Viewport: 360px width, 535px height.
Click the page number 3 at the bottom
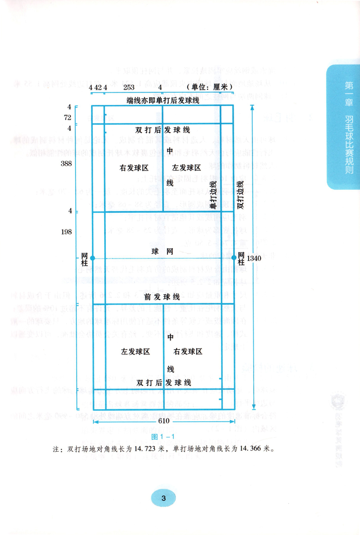tap(163, 498)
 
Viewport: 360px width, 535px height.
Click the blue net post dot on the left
tap(92, 258)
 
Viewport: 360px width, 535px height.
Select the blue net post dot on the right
tap(234, 258)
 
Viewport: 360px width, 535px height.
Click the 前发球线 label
tap(162, 297)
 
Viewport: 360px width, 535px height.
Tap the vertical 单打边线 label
tap(214, 195)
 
